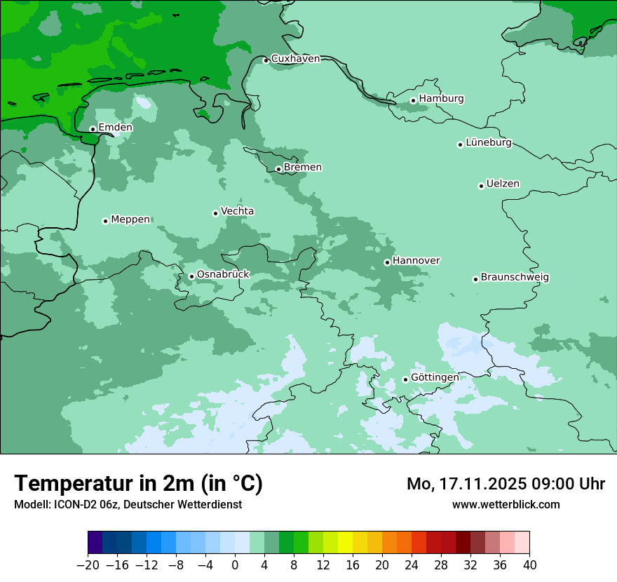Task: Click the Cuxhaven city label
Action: click(x=295, y=59)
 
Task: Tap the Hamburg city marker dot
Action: click(x=414, y=100)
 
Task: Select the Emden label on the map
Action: click(x=115, y=128)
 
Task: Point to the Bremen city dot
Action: click(x=278, y=169)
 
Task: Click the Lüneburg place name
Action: click(x=489, y=143)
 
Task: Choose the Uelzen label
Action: click(x=503, y=184)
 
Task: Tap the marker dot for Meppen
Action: click(x=105, y=221)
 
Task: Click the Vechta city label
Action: click(x=237, y=211)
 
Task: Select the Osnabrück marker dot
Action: click(x=191, y=276)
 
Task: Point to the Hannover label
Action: click(x=416, y=261)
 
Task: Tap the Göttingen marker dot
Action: click(x=405, y=379)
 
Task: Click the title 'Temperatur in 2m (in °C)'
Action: click(x=139, y=483)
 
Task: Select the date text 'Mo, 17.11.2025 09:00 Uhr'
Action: click(x=506, y=484)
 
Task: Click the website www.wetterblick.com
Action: click(x=506, y=504)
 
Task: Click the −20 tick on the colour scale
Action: click(x=88, y=565)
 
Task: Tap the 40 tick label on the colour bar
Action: click(x=529, y=565)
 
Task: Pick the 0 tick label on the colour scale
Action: click(x=235, y=565)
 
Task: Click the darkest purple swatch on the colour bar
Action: click(x=95, y=543)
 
